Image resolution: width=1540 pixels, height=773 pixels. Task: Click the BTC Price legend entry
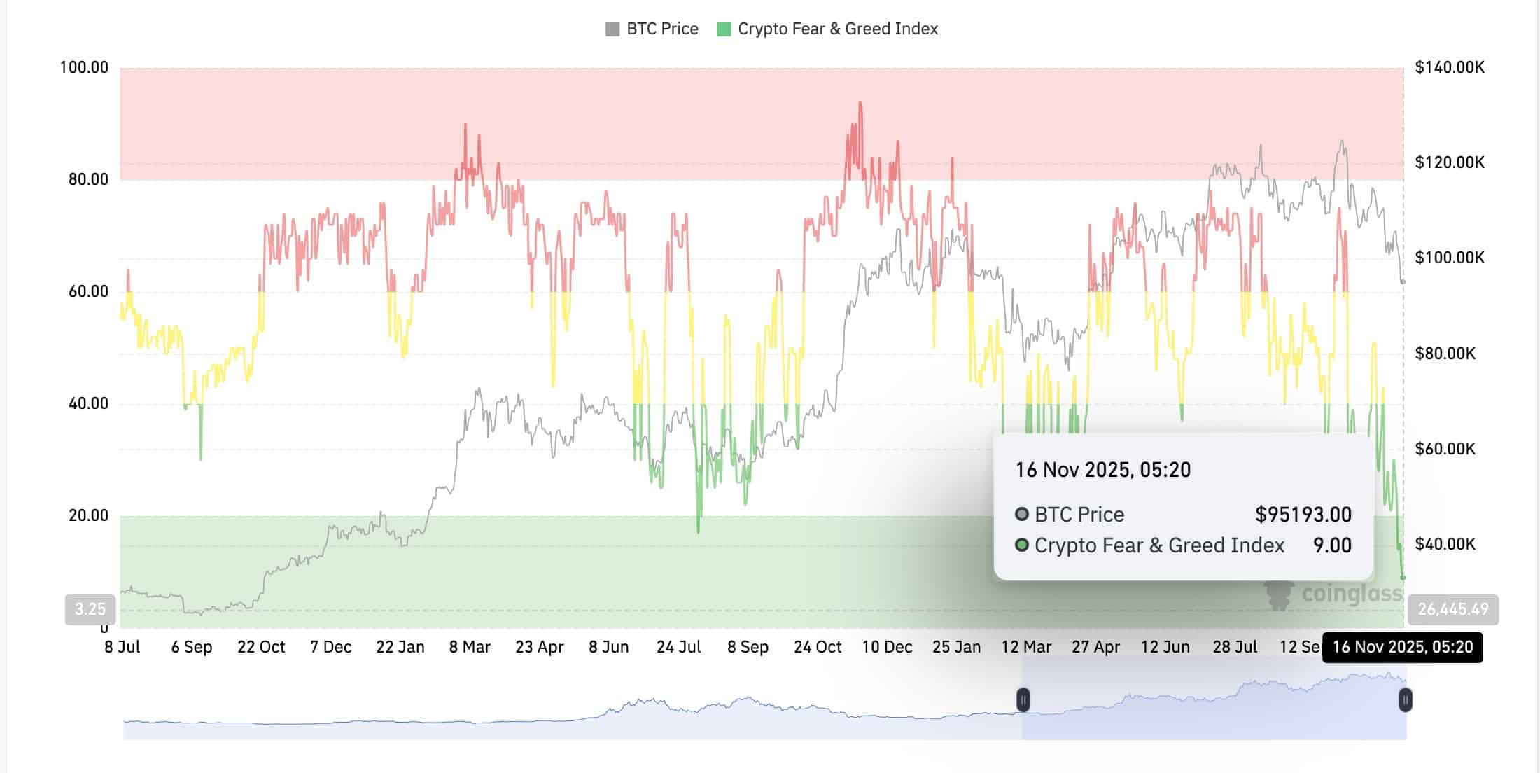coord(652,29)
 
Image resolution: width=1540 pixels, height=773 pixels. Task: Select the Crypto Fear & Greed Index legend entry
coord(827,29)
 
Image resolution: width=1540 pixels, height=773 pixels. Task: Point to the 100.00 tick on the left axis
coord(84,67)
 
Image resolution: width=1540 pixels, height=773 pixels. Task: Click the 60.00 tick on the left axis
coord(88,291)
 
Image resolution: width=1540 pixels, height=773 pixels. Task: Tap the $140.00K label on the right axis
coord(1449,67)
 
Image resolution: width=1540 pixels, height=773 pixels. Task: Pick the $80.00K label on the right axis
coord(1445,353)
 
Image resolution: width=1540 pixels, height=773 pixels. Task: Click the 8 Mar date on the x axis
coord(470,647)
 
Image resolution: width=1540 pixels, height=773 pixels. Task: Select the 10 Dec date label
coord(887,647)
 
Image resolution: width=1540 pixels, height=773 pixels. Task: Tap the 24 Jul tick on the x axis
coord(678,647)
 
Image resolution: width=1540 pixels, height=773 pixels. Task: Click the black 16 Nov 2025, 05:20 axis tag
coord(1402,647)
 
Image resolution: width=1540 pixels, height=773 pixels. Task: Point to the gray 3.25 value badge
coord(90,609)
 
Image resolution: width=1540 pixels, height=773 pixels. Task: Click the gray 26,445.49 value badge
coord(1453,609)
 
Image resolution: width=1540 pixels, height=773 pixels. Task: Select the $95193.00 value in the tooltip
coord(1303,515)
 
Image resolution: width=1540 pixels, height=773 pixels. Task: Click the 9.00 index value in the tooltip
coord(1331,545)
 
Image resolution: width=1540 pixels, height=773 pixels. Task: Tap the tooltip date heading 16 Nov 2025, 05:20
coord(1102,470)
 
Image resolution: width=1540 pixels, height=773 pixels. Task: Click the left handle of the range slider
coord(1023,699)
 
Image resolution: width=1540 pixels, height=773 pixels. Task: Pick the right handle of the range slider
coord(1405,699)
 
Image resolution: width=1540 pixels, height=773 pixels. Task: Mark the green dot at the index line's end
coord(1403,578)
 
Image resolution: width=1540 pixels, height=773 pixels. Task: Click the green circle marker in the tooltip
coord(1022,545)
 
